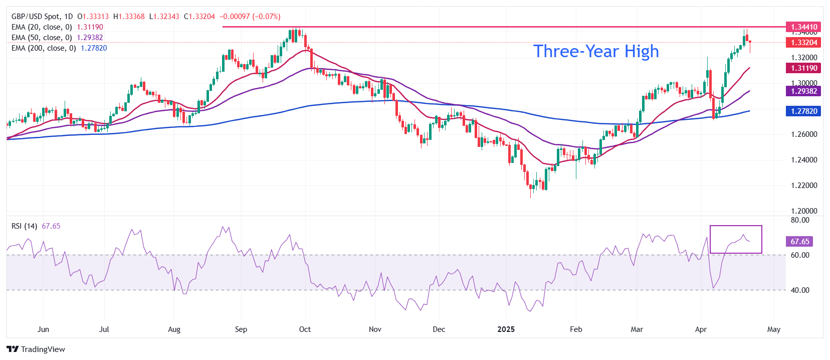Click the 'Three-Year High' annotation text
(x=596, y=52)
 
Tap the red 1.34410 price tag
(x=803, y=27)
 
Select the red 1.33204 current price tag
(x=803, y=43)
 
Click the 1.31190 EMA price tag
(x=803, y=68)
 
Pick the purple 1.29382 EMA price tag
(x=803, y=91)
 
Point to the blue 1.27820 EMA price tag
(x=803, y=111)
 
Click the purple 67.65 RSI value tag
(x=799, y=242)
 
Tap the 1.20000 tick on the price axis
(x=804, y=211)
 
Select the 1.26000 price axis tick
(x=804, y=134)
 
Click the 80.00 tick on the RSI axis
(x=800, y=220)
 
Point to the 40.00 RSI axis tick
(x=800, y=290)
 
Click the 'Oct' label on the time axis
(x=305, y=329)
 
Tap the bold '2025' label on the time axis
(x=506, y=329)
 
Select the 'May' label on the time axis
(x=774, y=329)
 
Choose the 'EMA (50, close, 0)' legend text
(x=42, y=38)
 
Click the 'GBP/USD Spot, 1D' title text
(x=42, y=17)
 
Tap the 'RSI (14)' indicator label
(x=24, y=226)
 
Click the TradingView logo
(x=36, y=349)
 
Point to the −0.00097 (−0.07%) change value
(x=250, y=17)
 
